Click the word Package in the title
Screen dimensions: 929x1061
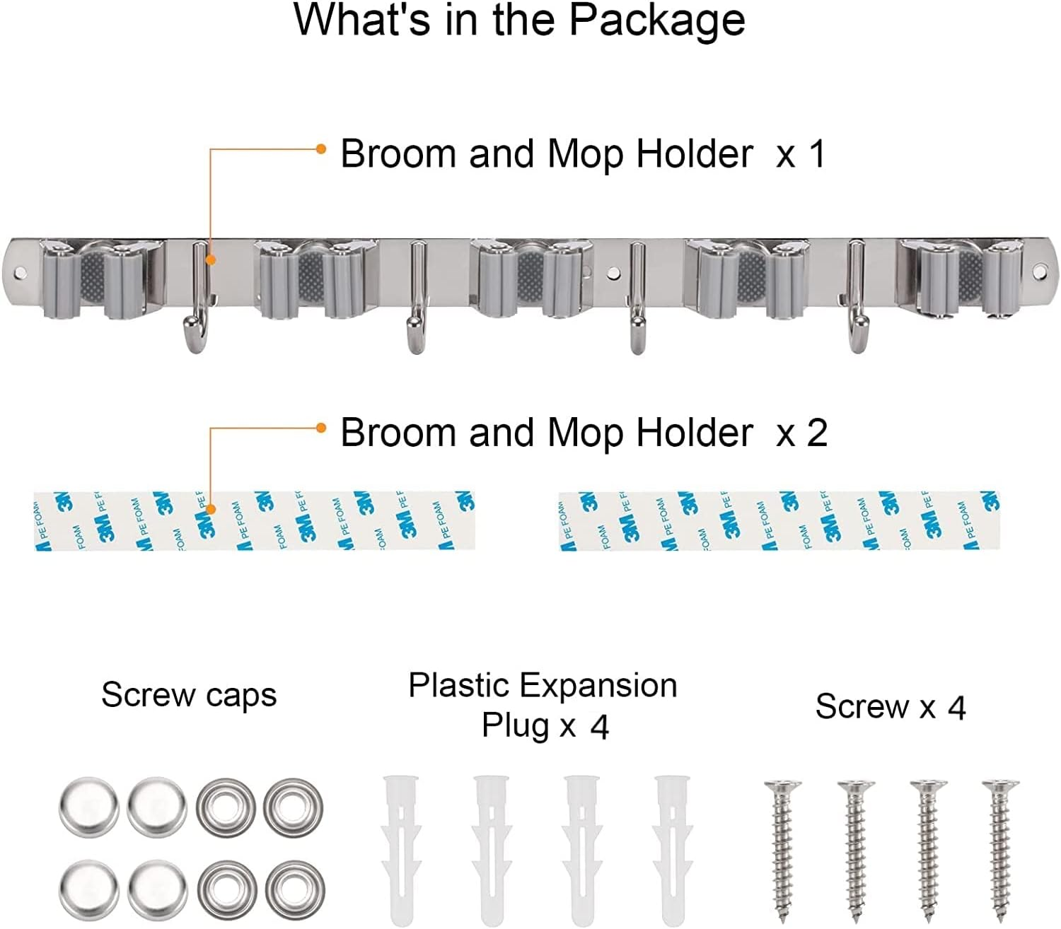tap(656, 21)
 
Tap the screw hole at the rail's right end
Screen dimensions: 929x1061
tap(1039, 271)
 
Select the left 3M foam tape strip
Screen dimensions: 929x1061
tap(255, 521)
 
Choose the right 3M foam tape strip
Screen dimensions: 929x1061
tap(778, 521)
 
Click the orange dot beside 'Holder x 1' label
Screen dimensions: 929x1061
tap(321, 149)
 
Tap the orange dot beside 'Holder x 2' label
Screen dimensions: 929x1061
tap(321, 428)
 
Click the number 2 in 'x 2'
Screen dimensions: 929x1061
tap(817, 433)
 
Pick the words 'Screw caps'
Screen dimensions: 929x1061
tap(189, 696)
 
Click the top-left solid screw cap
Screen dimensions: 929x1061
tap(88, 806)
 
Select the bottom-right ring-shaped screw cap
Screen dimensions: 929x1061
tap(295, 888)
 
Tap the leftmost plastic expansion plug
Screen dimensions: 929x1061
tap(401, 848)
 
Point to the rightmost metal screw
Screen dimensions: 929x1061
tap(1000, 848)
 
